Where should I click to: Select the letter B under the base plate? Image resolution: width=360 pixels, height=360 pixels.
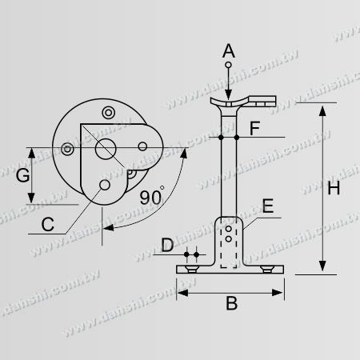(x=231, y=303)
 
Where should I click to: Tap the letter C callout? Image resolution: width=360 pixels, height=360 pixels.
(x=48, y=225)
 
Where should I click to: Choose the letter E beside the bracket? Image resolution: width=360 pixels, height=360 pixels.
(x=268, y=207)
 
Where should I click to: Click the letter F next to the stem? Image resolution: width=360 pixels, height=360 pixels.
(x=254, y=127)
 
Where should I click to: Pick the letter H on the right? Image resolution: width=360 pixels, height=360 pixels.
(x=334, y=189)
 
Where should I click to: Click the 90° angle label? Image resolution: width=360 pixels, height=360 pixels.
(x=151, y=196)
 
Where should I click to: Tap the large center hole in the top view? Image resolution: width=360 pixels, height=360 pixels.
(x=105, y=148)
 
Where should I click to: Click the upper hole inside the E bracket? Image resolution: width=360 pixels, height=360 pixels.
(x=230, y=229)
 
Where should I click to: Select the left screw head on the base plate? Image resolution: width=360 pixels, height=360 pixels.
(x=190, y=273)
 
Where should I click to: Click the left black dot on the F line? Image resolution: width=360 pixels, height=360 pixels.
(x=220, y=138)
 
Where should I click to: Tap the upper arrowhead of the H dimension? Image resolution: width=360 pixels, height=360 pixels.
(x=322, y=111)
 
